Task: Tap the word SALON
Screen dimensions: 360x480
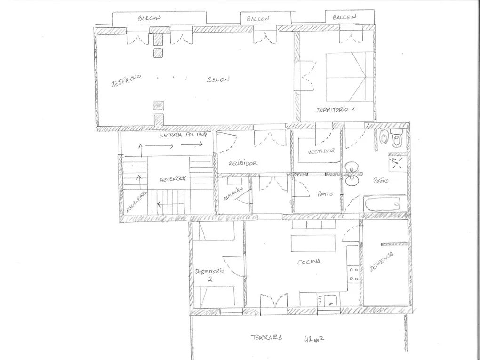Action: [x=218, y=80]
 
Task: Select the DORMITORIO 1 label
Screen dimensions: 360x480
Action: [x=336, y=109]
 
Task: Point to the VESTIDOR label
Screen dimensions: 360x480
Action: [x=321, y=152]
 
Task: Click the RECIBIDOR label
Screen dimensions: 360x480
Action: [x=242, y=163]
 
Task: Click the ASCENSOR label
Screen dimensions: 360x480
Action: [x=173, y=179]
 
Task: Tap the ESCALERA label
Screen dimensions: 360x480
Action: [x=137, y=202]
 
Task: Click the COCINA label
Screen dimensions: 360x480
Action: [x=309, y=262]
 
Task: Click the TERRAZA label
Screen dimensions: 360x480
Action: [x=266, y=337]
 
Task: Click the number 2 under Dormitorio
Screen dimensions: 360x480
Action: [x=210, y=279]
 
